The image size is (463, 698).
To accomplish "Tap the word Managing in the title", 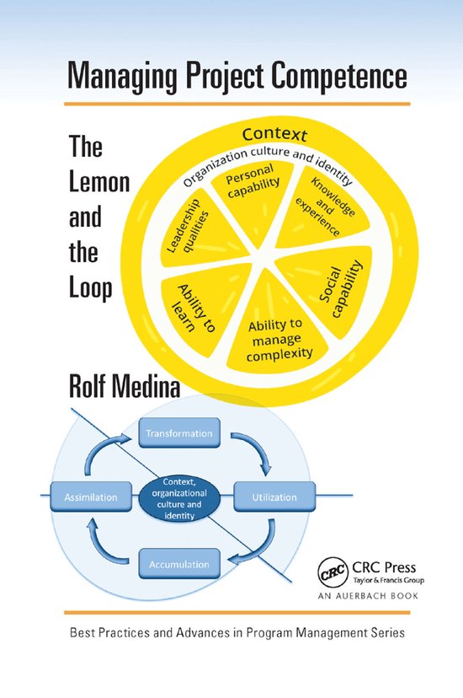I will [114, 78].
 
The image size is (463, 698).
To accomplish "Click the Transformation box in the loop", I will [179, 434].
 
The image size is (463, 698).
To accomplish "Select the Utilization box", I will [274, 497].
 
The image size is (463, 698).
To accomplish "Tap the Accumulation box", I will [179, 561].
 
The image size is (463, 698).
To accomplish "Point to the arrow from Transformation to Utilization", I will [254, 454].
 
